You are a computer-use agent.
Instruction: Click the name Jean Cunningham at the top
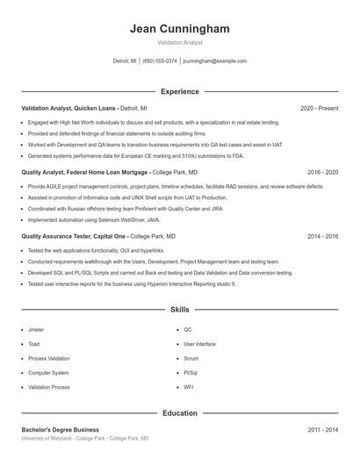(x=179, y=29)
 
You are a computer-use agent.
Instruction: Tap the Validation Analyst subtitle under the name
(x=179, y=42)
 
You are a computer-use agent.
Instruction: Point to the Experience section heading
(x=179, y=91)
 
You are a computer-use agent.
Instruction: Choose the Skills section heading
(x=179, y=310)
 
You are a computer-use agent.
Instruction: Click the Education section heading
(x=179, y=413)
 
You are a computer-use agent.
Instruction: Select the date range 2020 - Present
(x=319, y=108)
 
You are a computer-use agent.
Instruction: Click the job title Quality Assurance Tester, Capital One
(x=75, y=236)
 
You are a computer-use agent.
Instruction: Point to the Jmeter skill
(x=36, y=330)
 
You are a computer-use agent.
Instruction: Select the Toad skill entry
(x=34, y=344)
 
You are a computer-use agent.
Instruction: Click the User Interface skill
(x=199, y=344)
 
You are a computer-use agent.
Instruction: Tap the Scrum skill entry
(x=191, y=358)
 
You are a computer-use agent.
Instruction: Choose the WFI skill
(x=189, y=387)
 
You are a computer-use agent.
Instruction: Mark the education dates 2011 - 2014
(x=322, y=430)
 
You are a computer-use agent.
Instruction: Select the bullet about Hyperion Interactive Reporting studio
(x=132, y=284)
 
